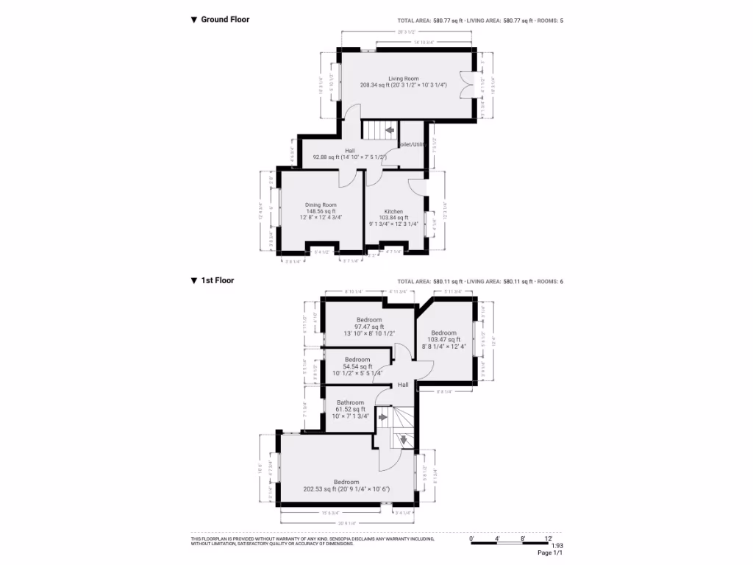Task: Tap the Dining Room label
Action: tap(321, 205)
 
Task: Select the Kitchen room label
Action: tap(393, 211)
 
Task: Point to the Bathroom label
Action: tap(350, 402)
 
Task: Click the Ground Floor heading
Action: tap(225, 20)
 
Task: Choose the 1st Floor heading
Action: tap(217, 280)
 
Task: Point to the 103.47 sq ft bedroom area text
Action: tap(443, 339)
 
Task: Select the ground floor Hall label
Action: tap(350, 151)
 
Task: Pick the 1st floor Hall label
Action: tap(403, 385)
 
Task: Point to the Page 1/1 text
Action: tap(549, 553)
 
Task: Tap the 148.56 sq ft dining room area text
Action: tap(321, 211)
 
